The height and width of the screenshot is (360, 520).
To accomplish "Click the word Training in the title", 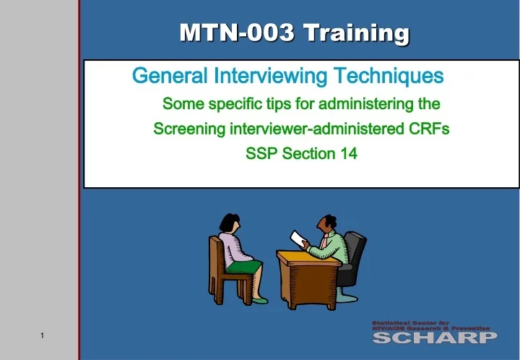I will (356, 33).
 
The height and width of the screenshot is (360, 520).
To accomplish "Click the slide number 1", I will (43, 335).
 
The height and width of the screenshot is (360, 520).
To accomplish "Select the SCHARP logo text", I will (434, 338).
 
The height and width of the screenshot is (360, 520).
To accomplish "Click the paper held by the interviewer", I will (298, 238).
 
